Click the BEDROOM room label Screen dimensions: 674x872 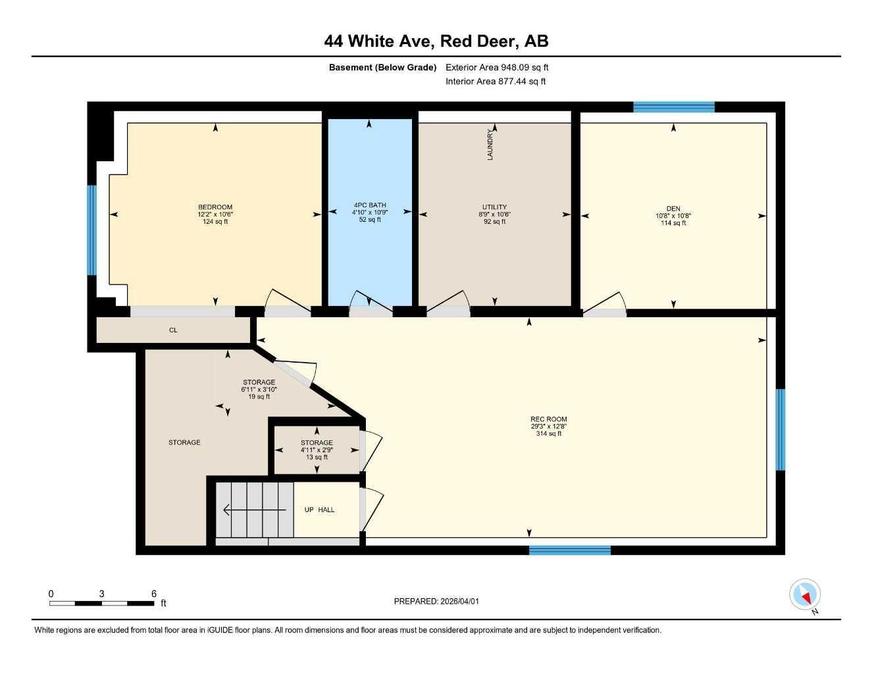coord(215,207)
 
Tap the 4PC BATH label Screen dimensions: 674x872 coord(370,205)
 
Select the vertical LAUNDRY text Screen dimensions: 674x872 coord(490,145)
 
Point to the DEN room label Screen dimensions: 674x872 coord(673,209)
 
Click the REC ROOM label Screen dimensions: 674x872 coord(548,419)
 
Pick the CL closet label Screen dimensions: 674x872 coord(173,330)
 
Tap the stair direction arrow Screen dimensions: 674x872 coord(254,509)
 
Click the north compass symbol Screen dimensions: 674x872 coord(805,595)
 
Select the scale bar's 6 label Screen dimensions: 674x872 coord(153,594)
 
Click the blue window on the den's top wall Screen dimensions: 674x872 coord(673,107)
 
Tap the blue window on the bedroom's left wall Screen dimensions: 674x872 coord(91,230)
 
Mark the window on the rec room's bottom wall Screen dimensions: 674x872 coord(570,550)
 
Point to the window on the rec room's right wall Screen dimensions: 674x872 coord(781,430)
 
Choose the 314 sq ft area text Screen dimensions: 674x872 coord(548,434)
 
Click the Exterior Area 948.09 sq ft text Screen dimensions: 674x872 coord(497,67)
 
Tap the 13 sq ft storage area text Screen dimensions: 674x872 coord(317,457)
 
